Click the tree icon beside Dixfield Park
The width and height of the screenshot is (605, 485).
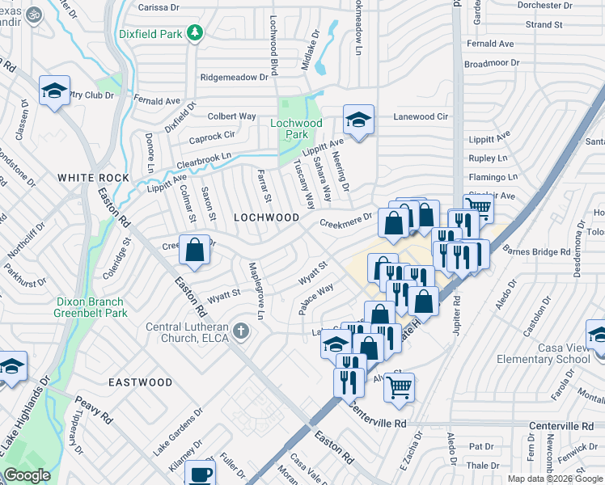(194, 33)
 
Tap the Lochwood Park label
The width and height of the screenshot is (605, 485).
(296, 129)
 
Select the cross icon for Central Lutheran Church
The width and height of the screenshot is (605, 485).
(240, 331)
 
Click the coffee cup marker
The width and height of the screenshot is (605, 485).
(201, 474)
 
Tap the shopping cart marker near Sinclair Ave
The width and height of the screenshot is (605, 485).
(478, 208)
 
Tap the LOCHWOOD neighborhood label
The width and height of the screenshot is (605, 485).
(261, 217)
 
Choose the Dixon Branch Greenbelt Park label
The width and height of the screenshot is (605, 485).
(91, 307)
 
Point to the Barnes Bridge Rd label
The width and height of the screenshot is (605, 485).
(536, 252)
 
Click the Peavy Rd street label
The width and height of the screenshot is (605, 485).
(94, 409)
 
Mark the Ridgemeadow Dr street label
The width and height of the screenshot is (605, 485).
(235, 77)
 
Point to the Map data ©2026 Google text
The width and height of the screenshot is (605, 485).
(555, 479)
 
